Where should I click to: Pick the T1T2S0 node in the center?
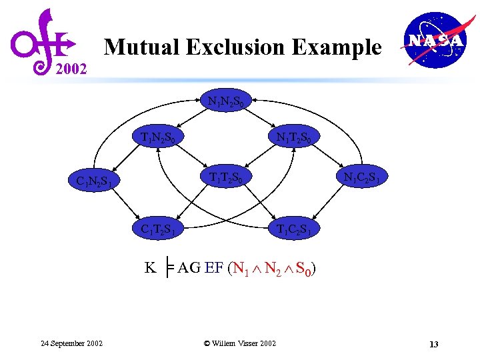click(231, 177)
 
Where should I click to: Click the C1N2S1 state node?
click(98, 180)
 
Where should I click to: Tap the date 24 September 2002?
click(71, 343)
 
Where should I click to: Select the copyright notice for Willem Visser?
click(239, 343)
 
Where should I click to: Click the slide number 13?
click(433, 344)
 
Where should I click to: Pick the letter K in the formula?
click(151, 268)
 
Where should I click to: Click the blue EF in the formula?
click(214, 268)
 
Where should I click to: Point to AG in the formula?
click(189, 268)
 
